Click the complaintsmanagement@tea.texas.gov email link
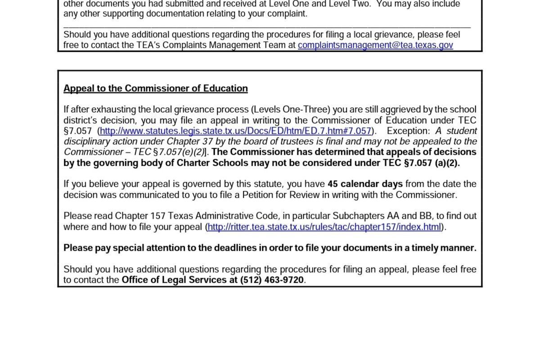tap(375, 45)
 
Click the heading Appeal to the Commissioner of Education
tap(156, 88)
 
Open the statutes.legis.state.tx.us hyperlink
tap(236, 131)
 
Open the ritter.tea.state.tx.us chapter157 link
tap(324, 227)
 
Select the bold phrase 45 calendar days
tap(365, 184)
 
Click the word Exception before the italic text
tap(408, 131)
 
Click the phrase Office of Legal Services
tap(174, 280)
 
